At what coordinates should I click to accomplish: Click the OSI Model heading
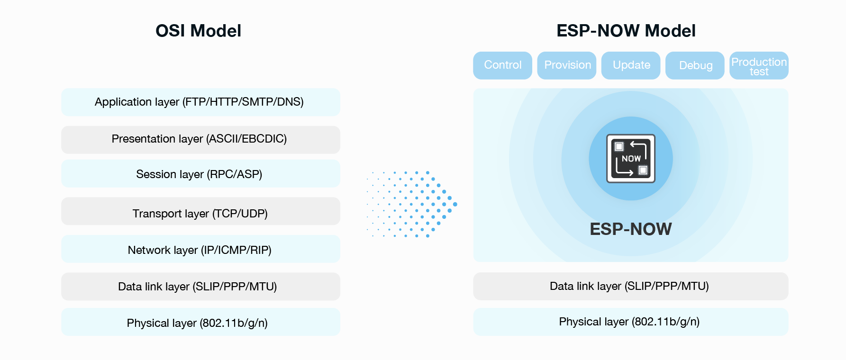(198, 31)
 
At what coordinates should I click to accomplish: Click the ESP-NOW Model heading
(626, 31)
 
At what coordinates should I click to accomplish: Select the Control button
(502, 65)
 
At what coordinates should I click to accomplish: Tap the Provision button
(567, 65)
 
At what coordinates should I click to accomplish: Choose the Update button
(631, 65)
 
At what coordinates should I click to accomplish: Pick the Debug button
(695, 65)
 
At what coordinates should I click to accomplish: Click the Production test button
(759, 65)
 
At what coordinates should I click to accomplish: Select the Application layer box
(200, 102)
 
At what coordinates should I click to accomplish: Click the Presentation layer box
(200, 140)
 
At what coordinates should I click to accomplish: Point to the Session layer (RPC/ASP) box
(200, 173)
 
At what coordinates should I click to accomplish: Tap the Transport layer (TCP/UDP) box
(200, 211)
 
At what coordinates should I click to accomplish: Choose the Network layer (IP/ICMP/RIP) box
(200, 249)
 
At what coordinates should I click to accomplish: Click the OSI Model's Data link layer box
(200, 287)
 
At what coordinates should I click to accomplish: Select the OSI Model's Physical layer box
(200, 322)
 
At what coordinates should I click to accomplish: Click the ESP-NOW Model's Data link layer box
(631, 286)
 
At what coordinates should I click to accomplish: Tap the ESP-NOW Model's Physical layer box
(631, 322)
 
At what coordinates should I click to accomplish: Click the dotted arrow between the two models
(411, 204)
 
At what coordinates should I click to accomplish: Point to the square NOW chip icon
(631, 159)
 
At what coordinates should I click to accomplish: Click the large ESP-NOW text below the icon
(631, 229)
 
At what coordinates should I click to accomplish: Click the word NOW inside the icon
(631, 159)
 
